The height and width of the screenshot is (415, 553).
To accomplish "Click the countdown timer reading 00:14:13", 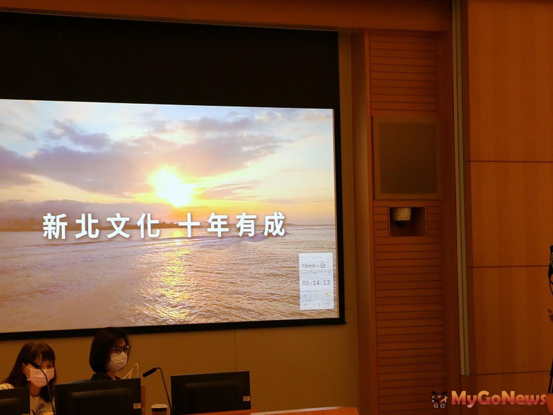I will tap(316, 283).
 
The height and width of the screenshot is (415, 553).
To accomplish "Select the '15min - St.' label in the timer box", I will tap(314, 266).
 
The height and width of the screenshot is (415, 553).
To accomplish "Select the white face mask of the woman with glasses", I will tap(118, 362).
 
